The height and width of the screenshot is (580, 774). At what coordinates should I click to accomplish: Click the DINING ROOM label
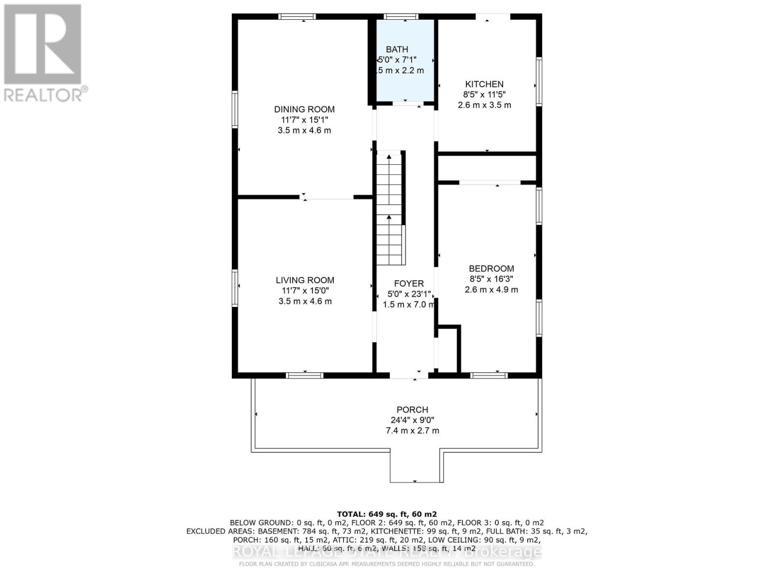tap(304, 109)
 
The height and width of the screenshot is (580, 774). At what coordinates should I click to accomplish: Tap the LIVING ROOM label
tap(305, 280)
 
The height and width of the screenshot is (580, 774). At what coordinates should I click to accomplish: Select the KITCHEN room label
tap(484, 84)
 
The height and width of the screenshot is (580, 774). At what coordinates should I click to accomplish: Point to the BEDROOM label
tap(491, 269)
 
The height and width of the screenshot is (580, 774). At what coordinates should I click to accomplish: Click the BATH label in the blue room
tap(397, 49)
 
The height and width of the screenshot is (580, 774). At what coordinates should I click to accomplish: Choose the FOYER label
tap(409, 284)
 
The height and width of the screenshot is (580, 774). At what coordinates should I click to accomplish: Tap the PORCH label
tap(412, 410)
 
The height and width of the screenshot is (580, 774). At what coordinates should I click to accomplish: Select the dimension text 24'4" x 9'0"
tap(412, 420)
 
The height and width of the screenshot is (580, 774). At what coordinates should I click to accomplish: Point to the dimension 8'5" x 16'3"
tap(491, 279)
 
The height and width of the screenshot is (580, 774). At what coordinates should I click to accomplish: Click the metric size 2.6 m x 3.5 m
tap(484, 105)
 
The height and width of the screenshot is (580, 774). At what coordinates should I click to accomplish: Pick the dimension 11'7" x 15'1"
tap(304, 120)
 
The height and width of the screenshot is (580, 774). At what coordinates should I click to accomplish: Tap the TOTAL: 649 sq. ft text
tap(387, 514)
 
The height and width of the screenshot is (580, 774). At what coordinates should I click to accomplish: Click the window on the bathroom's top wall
tap(401, 17)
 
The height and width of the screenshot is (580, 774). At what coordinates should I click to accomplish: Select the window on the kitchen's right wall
tap(539, 81)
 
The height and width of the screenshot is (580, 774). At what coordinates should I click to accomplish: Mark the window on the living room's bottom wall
tap(304, 375)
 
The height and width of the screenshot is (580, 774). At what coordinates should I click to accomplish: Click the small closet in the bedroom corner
tap(447, 349)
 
